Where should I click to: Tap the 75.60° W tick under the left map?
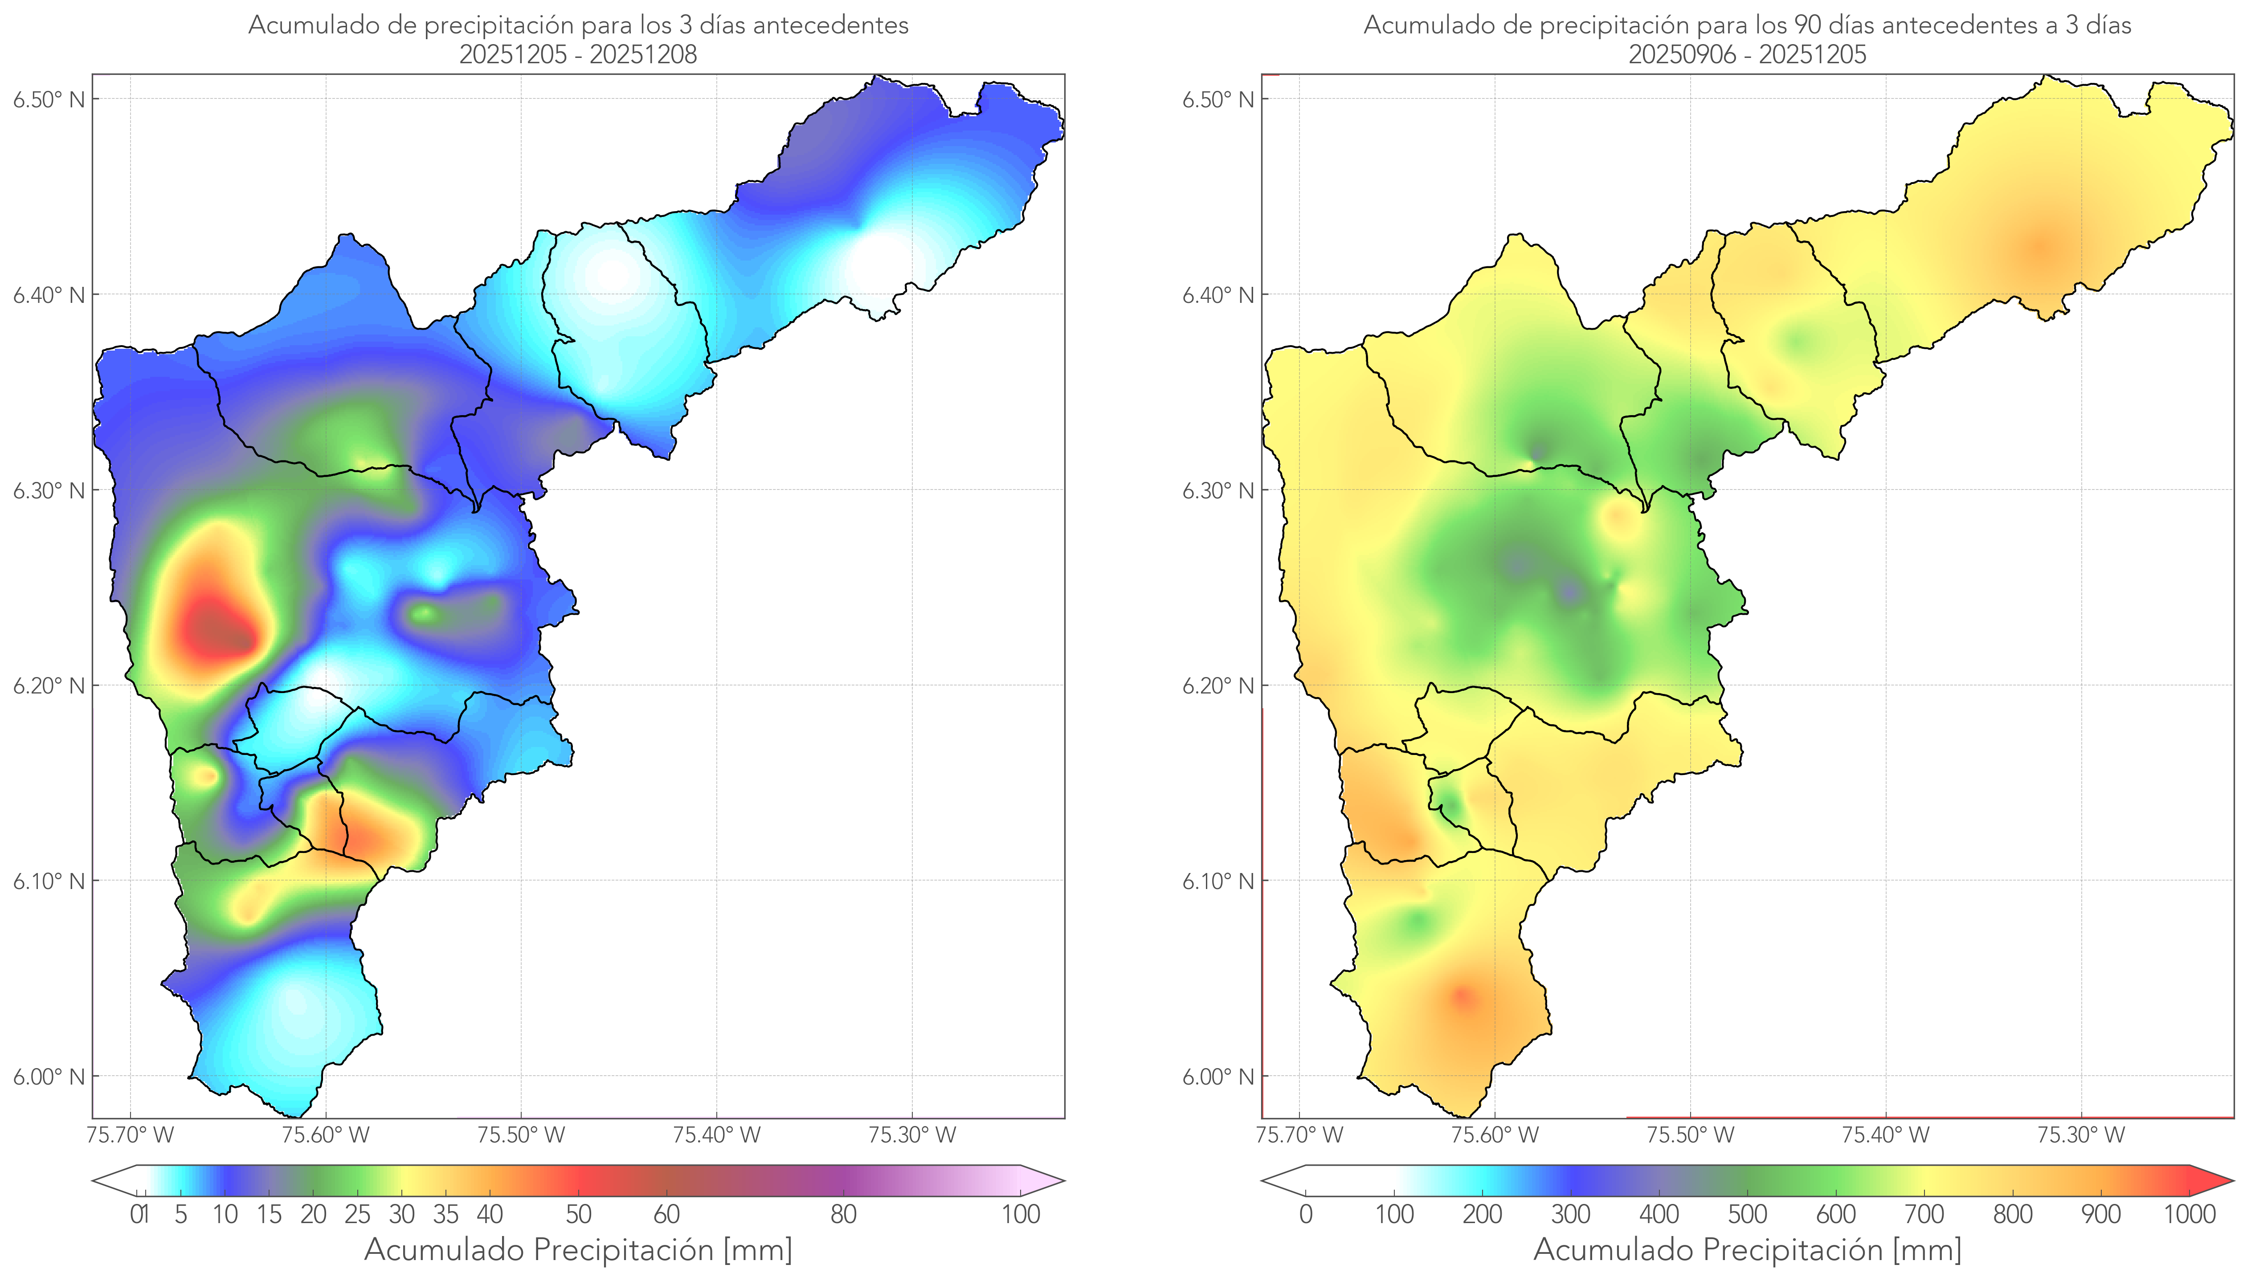tap(326, 1135)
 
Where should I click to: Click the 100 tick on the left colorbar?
tap(1021, 1214)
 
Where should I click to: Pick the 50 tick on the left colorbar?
tap(578, 1214)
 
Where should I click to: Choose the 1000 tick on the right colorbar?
tap(2189, 1214)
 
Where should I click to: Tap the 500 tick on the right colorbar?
tap(1747, 1214)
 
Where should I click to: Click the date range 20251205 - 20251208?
tap(578, 54)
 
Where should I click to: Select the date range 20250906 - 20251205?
tap(1747, 54)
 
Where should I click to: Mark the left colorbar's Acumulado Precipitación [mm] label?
tap(578, 1249)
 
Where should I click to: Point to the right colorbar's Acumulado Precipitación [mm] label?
tap(1747, 1249)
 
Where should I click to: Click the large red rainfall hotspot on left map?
tap(211, 629)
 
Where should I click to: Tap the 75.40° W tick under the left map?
tap(716, 1135)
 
